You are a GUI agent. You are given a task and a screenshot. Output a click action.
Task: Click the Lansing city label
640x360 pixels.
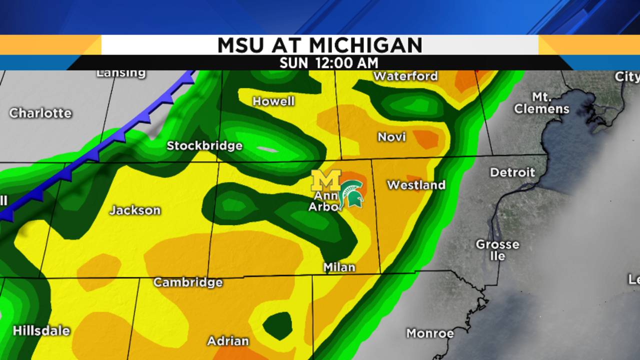pyautogui.click(x=121, y=73)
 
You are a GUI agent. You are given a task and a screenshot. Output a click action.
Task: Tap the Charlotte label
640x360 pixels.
pyautogui.click(x=40, y=113)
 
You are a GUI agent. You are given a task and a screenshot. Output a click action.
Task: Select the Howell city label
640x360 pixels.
pyautogui.click(x=273, y=101)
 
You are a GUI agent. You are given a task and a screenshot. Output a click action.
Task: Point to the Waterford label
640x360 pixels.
pyautogui.click(x=405, y=76)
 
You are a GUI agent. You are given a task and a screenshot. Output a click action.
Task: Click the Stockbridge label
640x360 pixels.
pyautogui.click(x=204, y=145)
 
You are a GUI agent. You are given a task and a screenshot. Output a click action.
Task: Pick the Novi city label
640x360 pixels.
pyautogui.click(x=391, y=137)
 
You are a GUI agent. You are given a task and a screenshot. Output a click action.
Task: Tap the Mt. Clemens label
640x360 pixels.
pyautogui.click(x=541, y=103)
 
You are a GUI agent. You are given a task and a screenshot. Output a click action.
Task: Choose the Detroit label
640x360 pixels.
pyautogui.click(x=512, y=172)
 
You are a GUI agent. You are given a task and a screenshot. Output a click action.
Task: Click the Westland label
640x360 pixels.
pyautogui.click(x=416, y=185)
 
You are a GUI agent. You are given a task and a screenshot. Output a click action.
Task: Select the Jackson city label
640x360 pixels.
pyautogui.click(x=135, y=210)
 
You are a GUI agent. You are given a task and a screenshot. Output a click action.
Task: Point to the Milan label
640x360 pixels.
pyautogui.click(x=339, y=267)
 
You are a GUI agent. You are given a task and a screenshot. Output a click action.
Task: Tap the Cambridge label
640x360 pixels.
pyautogui.click(x=188, y=282)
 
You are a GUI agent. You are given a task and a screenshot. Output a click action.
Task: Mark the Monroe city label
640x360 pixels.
pyautogui.click(x=430, y=333)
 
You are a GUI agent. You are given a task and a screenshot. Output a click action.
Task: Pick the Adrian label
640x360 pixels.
pyautogui.click(x=228, y=341)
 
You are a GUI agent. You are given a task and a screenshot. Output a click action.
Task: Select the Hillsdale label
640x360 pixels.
pyautogui.click(x=41, y=330)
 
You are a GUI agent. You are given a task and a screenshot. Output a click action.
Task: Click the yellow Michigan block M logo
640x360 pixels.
pyautogui.click(x=326, y=180)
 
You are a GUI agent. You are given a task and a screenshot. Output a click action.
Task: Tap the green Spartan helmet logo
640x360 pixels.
pyautogui.click(x=351, y=194)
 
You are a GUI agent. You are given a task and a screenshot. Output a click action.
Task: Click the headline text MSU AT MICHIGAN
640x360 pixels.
pyautogui.click(x=320, y=45)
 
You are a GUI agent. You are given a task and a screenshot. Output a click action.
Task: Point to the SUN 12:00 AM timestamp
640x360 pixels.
pyautogui.click(x=328, y=63)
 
